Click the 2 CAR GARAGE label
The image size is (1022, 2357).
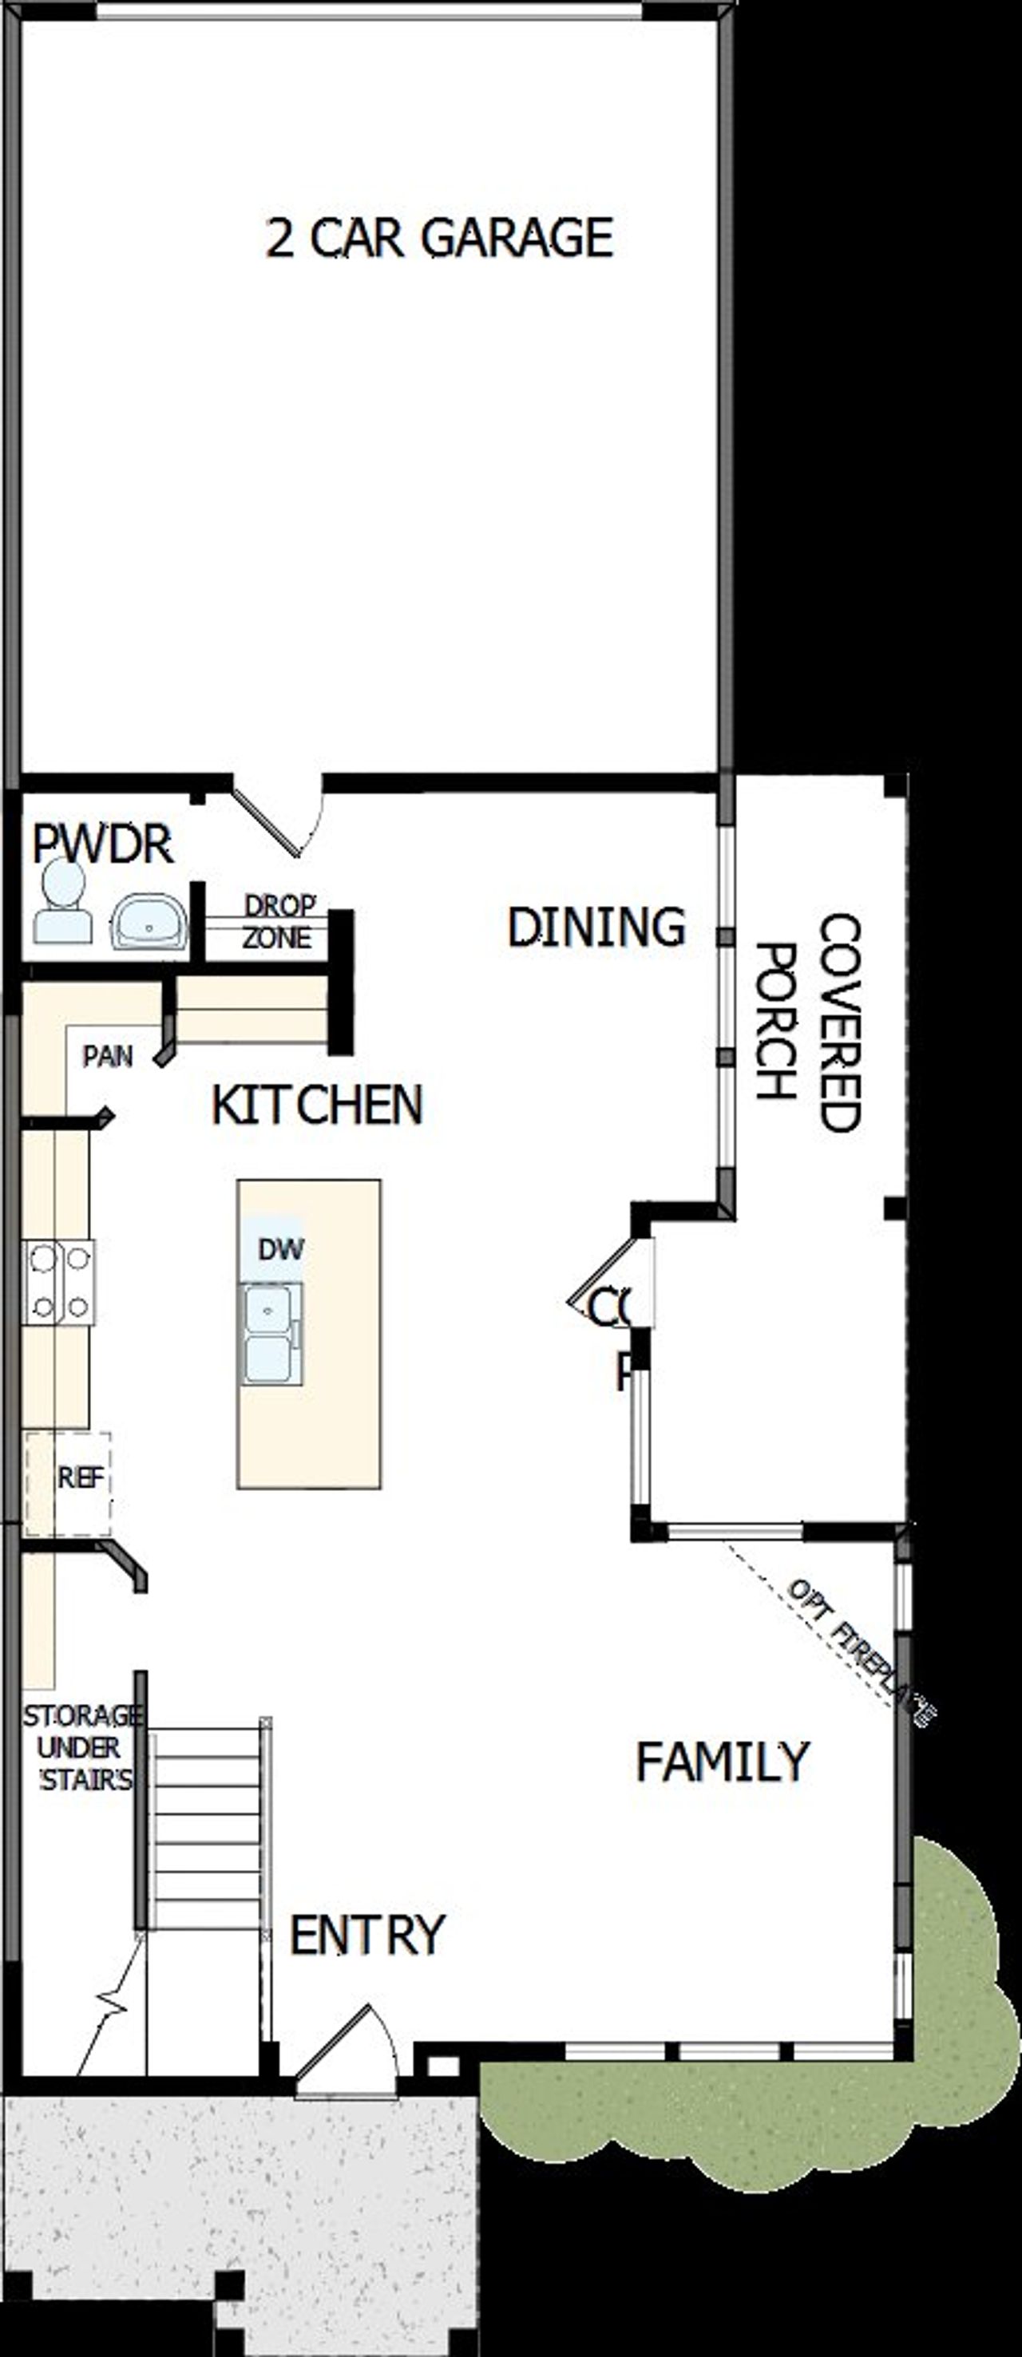439,239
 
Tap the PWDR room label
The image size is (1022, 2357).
102,844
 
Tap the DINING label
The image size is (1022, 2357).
596,927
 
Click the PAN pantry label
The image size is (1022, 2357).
108,1057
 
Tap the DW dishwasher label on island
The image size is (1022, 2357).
280,1250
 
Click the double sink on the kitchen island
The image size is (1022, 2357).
270,1334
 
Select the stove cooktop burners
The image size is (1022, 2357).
58,1282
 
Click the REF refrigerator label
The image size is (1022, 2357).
81,1477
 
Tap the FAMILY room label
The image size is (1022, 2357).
723,1762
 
